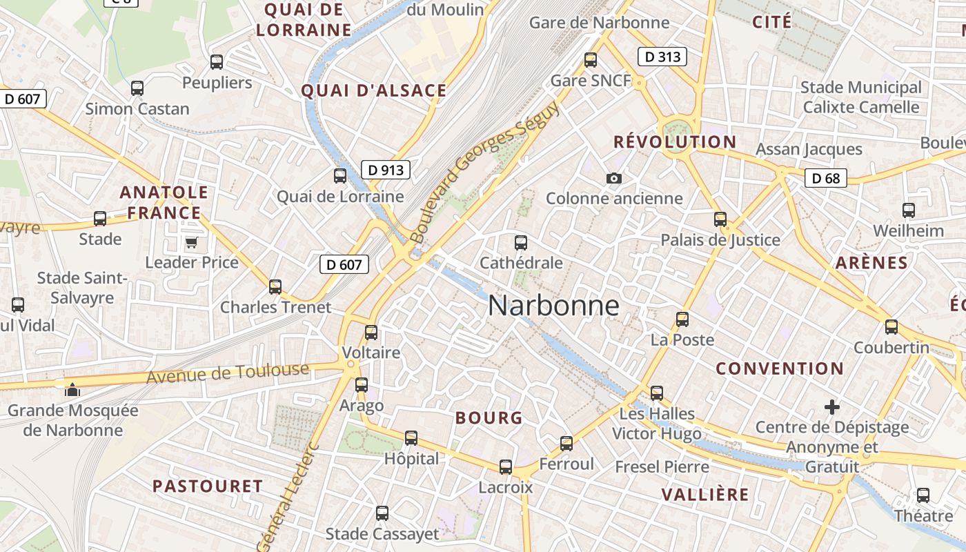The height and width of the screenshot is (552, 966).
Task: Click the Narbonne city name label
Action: click(x=553, y=306)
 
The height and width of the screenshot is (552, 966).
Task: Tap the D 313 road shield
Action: click(x=662, y=57)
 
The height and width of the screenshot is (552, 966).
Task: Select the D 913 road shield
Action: click(x=386, y=170)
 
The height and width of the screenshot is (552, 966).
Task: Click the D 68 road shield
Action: click(x=826, y=179)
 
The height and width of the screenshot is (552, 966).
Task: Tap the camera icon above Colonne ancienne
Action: click(x=613, y=179)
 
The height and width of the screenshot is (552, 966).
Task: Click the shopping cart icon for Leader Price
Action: click(x=191, y=242)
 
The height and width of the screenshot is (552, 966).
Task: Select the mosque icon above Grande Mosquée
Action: click(x=72, y=389)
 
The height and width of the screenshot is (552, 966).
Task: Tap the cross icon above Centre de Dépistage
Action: click(x=832, y=407)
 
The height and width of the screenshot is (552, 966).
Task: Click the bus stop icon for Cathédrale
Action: click(x=521, y=243)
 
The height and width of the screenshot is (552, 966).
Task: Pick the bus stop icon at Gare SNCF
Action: click(x=591, y=60)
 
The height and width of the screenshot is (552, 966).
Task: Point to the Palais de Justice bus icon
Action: click(x=720, y=219)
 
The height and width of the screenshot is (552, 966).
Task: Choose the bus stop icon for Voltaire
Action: click(x=371, y=333)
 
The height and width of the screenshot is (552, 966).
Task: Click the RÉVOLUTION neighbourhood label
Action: click(x=675, y=142)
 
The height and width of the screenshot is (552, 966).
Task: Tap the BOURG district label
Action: click(x=489, y=417)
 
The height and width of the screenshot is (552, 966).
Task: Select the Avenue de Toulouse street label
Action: click(x=228, y=373)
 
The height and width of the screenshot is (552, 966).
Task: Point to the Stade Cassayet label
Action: click(x=382, y=534)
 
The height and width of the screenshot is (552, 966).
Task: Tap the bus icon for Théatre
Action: click(x=923, y=495)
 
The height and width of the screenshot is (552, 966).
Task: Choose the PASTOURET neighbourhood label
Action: click(x=208, y=486)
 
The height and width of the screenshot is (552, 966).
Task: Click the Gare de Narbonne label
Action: click(x=599, y=23)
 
